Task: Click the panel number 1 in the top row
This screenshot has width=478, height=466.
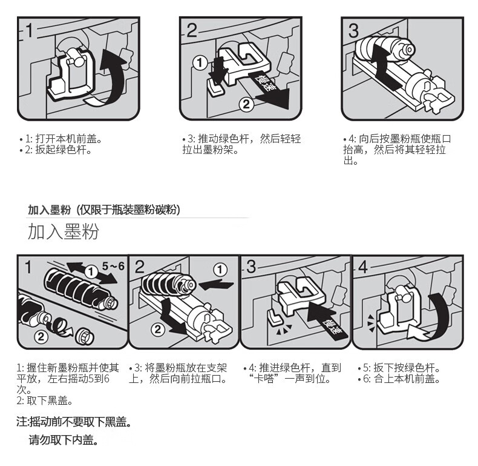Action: [x=29, y=30]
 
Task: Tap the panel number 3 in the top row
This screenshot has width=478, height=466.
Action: [x=353, y=30]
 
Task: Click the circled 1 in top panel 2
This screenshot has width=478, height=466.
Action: [x=200, y=62]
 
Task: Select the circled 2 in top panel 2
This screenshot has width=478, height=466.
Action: [x=246, y=104]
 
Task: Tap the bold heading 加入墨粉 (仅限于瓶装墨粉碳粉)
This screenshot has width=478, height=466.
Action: [x=103, y=210]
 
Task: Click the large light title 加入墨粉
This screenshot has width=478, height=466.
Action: [x=63, y=231]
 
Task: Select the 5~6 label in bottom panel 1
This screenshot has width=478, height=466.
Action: [x=113, y=266]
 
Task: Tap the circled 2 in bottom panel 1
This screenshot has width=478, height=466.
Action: [x=41, y=336]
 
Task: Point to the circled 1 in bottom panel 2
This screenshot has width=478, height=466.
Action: [x=220, y=269]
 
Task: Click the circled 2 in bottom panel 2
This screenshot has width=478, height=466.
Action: [x=158, y=329]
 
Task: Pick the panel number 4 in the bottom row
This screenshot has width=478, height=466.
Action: [x=363, y=267]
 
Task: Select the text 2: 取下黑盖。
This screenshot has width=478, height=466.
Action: [x=44, y=401]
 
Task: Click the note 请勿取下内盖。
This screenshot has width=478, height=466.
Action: [x=64, y=440]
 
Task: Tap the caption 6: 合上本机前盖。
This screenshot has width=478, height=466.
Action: [x=399, y=379]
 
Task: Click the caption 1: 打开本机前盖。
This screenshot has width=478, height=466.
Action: [x=61, y=139]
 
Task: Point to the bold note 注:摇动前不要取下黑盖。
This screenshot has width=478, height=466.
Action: [x=74, y=422]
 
